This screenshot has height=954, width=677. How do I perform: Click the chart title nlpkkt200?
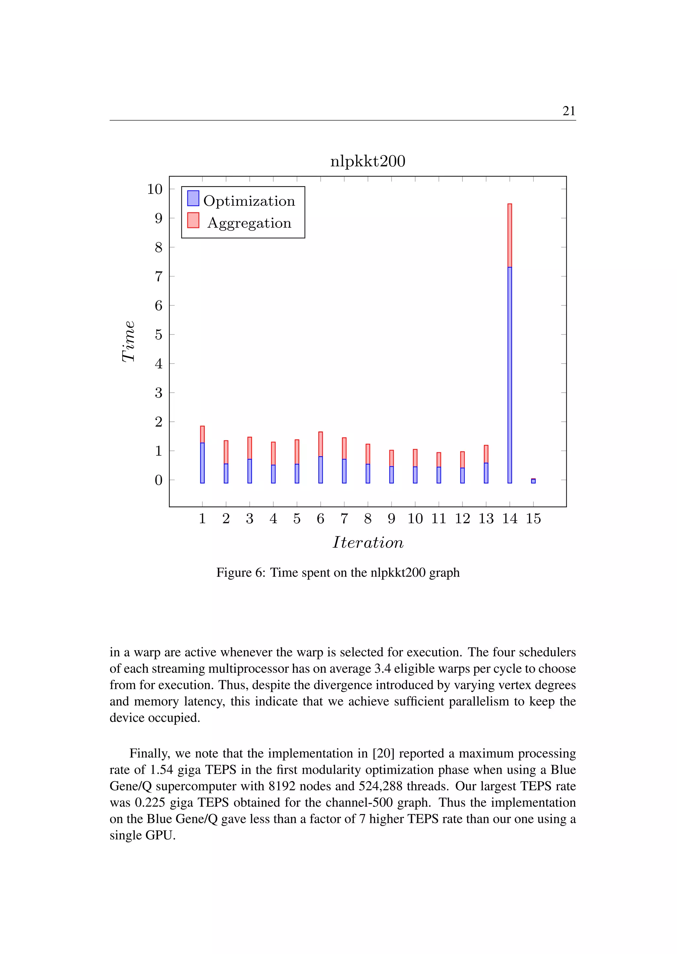[367, 161]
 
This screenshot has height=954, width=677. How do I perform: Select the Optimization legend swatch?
[193, 198]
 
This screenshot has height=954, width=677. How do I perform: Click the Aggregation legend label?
[249, 223]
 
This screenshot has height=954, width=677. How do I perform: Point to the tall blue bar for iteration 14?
[509, 375]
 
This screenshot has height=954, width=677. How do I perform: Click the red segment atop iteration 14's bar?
[509, 235]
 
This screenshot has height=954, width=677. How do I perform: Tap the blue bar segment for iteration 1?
[202, 463]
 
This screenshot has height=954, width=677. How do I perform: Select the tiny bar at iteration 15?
[533, 481]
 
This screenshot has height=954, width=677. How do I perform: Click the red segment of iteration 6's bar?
[320, 444]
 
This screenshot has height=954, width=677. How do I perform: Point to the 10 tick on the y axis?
[155, 189]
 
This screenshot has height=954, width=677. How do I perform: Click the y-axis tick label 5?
[158, 335]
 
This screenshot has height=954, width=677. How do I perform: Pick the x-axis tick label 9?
[391, 518]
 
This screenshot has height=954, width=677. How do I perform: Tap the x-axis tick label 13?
[486, 518]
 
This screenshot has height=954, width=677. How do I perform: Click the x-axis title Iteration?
[368, 543]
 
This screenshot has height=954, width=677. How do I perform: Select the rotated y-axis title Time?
[128, 341]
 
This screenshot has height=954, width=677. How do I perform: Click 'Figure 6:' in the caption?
[241, 573]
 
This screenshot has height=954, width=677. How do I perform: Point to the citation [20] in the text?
[383, 753]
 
